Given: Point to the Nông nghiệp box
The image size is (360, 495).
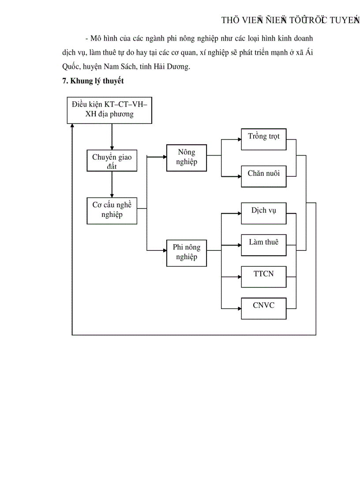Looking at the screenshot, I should point(186,157).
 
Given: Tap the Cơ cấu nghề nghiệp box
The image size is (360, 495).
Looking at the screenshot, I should point(112,211).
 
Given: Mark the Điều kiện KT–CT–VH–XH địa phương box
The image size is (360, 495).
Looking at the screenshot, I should point(109,109).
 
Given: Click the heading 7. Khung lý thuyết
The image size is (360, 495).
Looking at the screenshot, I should point(93,81).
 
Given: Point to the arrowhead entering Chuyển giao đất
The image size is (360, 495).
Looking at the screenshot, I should point(112,148).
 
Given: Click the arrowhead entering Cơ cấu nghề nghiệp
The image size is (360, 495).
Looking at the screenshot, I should point(112,195).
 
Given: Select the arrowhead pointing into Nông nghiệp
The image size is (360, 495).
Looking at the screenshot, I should point(164,156).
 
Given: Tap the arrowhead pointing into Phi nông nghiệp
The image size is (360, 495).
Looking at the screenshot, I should point(164,250).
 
